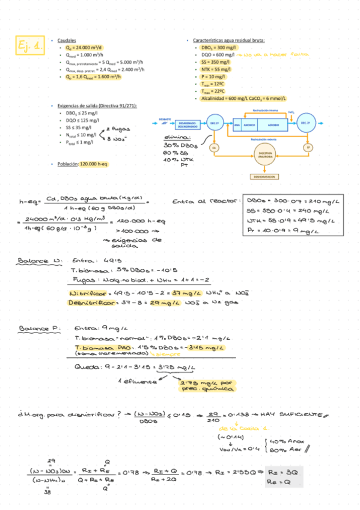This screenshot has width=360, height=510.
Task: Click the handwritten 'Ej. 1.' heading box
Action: (29, 45)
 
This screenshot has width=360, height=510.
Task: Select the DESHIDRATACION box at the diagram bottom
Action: (264, 177)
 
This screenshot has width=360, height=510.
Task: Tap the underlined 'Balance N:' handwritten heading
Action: (40, 261)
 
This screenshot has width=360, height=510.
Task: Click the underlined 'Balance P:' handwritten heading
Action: (40, 329)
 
